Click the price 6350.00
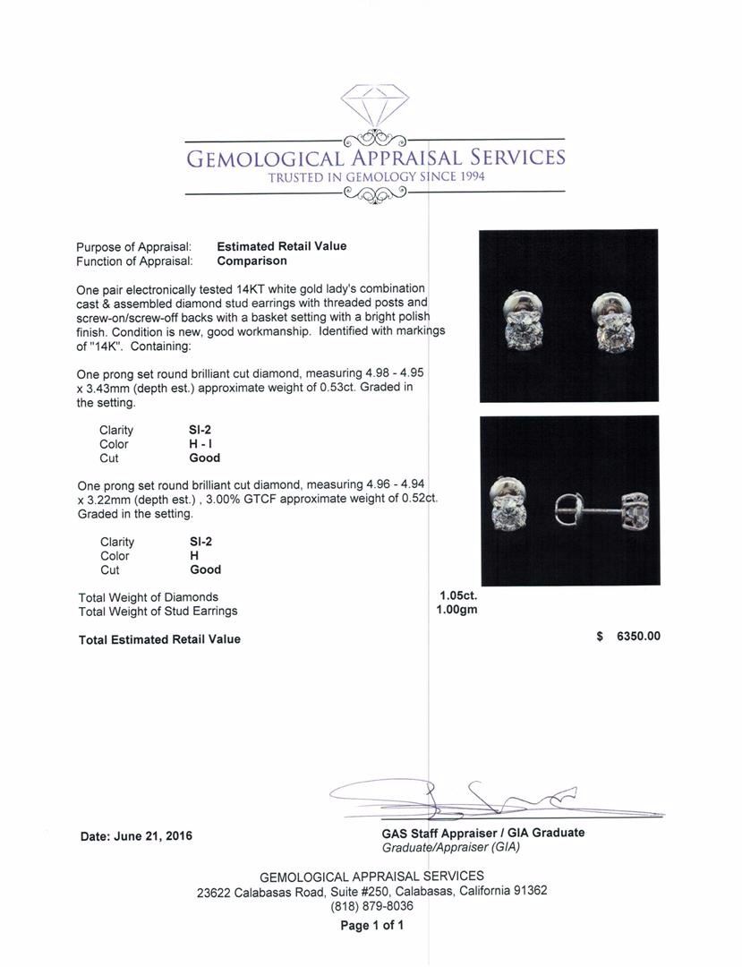pos(638,637)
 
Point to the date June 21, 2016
pos(136,836)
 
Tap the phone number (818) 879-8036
pos(371,906)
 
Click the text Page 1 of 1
pos(371,926)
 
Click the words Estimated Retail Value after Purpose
pos(281,246)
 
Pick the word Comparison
pos(252,261)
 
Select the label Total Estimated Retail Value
pos(159,639)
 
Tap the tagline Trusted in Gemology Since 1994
pos(376,177)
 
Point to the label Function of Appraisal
pos(134,261)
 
